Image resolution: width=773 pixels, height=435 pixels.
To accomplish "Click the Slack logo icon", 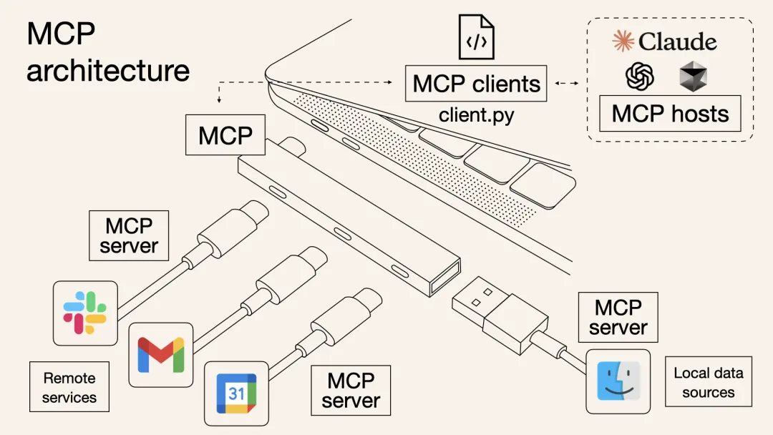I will click(x=85, y=313).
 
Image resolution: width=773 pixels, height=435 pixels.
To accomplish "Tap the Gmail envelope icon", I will click(x=160, y=354).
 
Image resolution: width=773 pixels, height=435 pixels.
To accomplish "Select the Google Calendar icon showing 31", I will click(x=236, y=393).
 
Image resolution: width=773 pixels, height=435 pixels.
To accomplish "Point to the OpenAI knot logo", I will click(x=640, y=76).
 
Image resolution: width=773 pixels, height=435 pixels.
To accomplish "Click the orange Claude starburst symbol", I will click(x=623, y=41).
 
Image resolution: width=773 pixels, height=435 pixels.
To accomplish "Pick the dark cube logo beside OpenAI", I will click(x=693, y=76).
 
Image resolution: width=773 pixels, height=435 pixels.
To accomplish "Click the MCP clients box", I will click(x=476, y=84).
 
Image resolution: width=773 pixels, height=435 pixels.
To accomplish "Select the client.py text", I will click(x=476, y=114).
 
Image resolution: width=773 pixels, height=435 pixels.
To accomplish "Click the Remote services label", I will click(x=69, y=387).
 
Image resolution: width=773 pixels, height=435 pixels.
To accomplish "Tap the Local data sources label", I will click(x=709, y=382).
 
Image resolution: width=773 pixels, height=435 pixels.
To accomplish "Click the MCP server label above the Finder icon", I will click(x=618, y=318).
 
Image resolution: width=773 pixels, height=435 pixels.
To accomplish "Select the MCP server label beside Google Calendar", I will click(x=351, y=390).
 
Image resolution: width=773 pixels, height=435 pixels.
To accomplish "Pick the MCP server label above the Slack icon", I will click(x=129, y=235).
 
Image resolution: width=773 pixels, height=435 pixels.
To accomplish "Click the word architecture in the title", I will click(x=108, y=70).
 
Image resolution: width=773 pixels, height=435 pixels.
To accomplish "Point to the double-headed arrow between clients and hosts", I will click(x=566, y=84).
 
